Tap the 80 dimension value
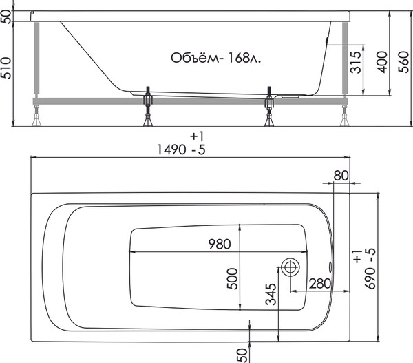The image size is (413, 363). (339, 175)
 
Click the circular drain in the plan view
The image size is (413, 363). (290, 268)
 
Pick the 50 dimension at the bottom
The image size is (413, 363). (242, 353)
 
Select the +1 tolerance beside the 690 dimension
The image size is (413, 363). (356, 259)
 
